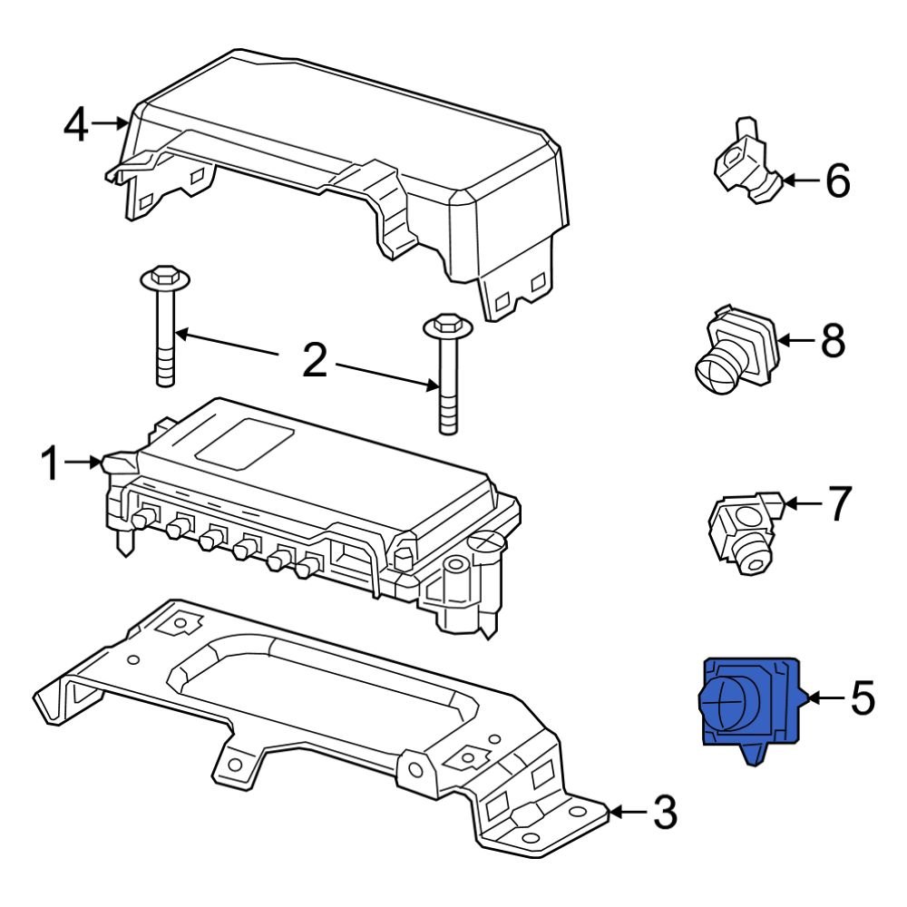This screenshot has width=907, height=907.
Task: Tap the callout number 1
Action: (x=54, y=464)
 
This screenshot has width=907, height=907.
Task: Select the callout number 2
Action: (x=314, y=361)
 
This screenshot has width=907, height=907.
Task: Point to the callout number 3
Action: (x=665, y=814)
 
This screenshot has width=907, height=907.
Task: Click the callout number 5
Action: (x=863, y=698)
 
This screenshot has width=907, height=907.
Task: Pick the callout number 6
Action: (x=837, y=181)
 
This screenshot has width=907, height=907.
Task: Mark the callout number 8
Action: (x=832, y=341)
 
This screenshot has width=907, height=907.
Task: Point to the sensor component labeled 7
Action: (x=741, y=531)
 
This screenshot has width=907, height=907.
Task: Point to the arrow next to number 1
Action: (x=88, y=463)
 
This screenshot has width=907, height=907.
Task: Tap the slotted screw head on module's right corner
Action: (x=486, y=543)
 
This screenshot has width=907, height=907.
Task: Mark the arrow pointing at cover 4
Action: (x=111, y=122)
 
